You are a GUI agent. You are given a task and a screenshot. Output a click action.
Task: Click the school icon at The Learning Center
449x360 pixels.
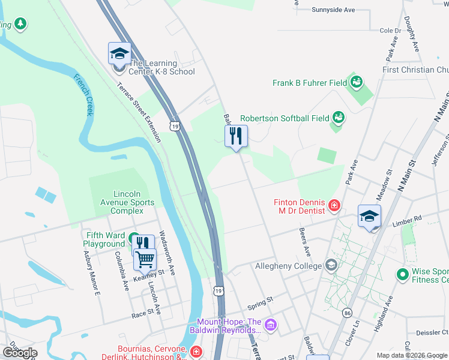[x=119, y=53]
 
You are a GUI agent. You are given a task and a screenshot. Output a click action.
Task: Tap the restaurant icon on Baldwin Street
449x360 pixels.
[x=236, y=136]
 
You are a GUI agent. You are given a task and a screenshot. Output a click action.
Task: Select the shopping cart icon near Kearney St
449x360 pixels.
[x=145, y=260]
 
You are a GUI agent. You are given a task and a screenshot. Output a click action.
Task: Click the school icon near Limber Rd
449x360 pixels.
[x=369, y=217]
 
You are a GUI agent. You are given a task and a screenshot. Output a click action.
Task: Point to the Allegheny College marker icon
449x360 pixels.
[x=331, y=265]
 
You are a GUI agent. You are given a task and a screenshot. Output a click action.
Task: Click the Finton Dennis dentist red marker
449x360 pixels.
[x=334, y=207]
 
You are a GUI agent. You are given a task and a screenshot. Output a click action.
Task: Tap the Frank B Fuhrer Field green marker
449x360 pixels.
[x=357, y=82]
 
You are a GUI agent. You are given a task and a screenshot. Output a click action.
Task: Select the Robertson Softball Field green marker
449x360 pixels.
[x=338, y=118]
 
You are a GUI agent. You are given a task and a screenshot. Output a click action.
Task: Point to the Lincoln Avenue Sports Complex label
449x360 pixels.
[x=127, y=202]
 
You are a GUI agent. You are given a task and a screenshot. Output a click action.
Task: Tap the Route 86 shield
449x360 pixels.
[x=347, y=313]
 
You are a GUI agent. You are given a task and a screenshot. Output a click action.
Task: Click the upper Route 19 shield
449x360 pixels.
[x=174, y=125]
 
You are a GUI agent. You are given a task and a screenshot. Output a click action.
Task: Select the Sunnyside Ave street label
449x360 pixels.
[x=334, y=10]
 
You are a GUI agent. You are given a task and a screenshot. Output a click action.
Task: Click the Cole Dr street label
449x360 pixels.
[x=390, y=31]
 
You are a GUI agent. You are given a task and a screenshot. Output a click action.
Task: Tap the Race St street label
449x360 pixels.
[x=143, y=314]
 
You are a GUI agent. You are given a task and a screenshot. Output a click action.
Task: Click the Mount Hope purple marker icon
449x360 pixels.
[x=271, y=325]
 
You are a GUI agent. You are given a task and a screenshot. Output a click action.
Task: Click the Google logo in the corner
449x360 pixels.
[x=20, y=353]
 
